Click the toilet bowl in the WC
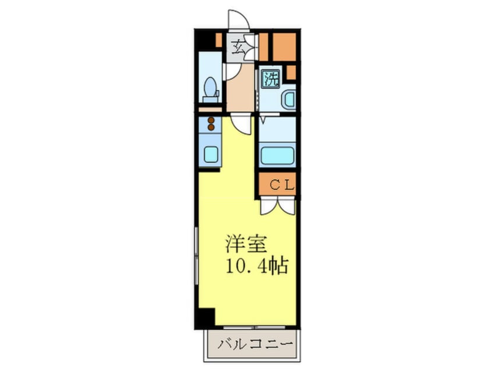click(x=210, y=88)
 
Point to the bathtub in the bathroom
click(x=277, y=155)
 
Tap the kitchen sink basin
click(x=210, y=155)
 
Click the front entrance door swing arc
click(x=238, y=20)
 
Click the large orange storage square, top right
click(x=284, y=47)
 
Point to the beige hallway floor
click(x=240, y=90)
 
